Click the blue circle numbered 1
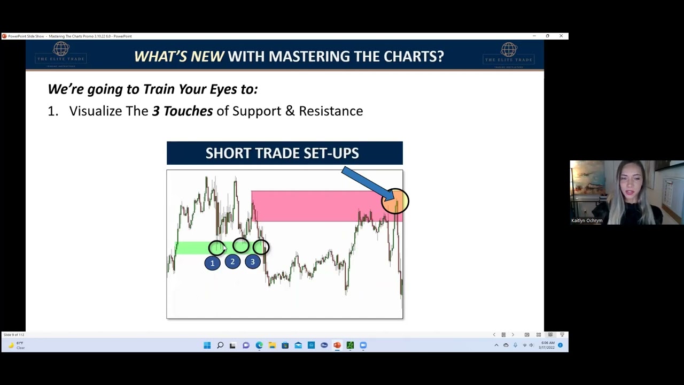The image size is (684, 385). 212,263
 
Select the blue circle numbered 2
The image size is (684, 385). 232,261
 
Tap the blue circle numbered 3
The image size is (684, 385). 253,261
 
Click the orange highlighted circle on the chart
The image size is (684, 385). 395,201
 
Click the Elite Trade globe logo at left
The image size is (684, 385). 61,52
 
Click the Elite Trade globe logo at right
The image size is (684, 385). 508,52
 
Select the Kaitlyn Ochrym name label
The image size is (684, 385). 587,220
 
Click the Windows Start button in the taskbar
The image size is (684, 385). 207,345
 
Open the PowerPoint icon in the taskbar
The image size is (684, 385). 337,345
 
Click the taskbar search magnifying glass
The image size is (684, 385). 220,345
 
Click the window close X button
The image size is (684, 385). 561,36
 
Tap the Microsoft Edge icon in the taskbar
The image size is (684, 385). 259,345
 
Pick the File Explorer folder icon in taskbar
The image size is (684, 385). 272,345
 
